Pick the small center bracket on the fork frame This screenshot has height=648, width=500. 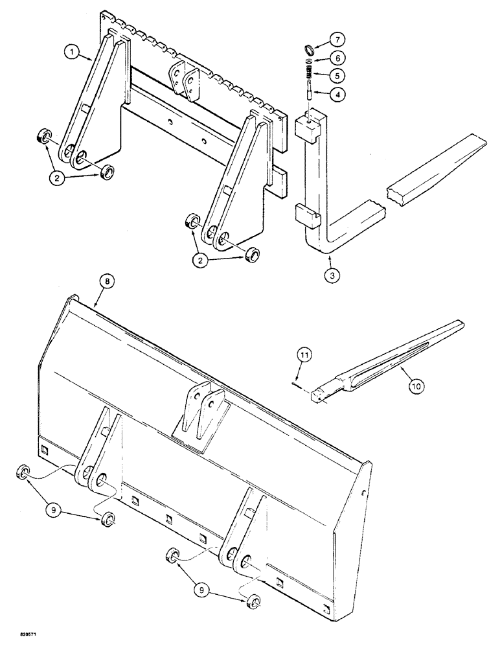(182, 80)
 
